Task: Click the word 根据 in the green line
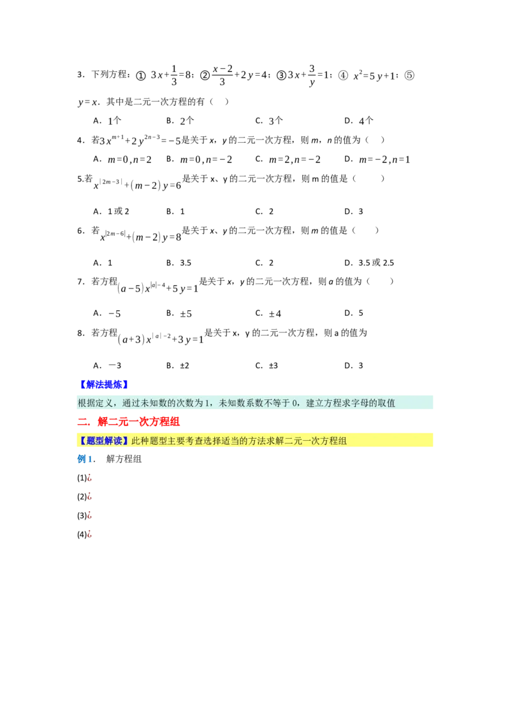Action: click(87, 403)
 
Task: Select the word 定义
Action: click(105, 403)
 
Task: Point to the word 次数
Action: click(184, 403)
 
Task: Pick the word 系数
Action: click(255, 403)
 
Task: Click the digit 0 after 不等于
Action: click(294, 403)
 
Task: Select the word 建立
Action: click(315, 403)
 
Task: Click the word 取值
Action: click(386, 403)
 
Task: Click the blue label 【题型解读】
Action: click(103, 441)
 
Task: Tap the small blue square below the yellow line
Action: click(83, 459)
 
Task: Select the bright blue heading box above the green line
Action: click(103, 384)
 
